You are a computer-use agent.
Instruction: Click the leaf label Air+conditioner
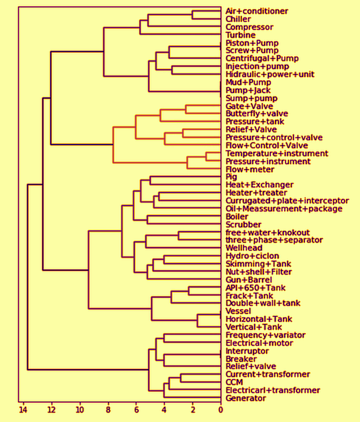click(x=257, y=11)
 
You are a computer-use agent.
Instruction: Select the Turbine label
click(x=241, y=35)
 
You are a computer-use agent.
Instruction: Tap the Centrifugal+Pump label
click(x=262, y=58)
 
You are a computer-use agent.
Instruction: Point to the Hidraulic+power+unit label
click(x=270, y=74)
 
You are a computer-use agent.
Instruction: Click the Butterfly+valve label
click(x=257, y=114)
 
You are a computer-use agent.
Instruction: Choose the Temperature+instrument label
click(x=277, y=153)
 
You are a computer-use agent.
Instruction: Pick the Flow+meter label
click(x=250, y=170)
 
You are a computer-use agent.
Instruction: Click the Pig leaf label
click(x=231, y=177)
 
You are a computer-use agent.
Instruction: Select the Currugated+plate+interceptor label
click(x=287, y=201)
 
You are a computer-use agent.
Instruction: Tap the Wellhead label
click(x=244, y=248)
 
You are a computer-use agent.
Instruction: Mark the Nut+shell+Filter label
click(x=259, y=272)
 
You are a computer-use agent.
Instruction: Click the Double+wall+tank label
click(x=263, y=303)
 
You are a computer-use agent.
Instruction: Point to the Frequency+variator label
click(x=266, y=336)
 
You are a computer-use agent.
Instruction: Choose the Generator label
click(x=246, y=398)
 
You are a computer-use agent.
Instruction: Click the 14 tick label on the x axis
click(x=23, y=410)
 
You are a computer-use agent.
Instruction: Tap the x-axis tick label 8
click(x=108, y=410)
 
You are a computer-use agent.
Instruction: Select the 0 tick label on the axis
click(x=221, y=410)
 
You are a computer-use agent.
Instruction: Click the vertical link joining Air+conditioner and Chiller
click(x=192, y=15)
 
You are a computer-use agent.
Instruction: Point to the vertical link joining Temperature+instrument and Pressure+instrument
click(x=206, y=157)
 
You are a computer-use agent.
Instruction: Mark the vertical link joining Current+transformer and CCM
click(x=181, y=378)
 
